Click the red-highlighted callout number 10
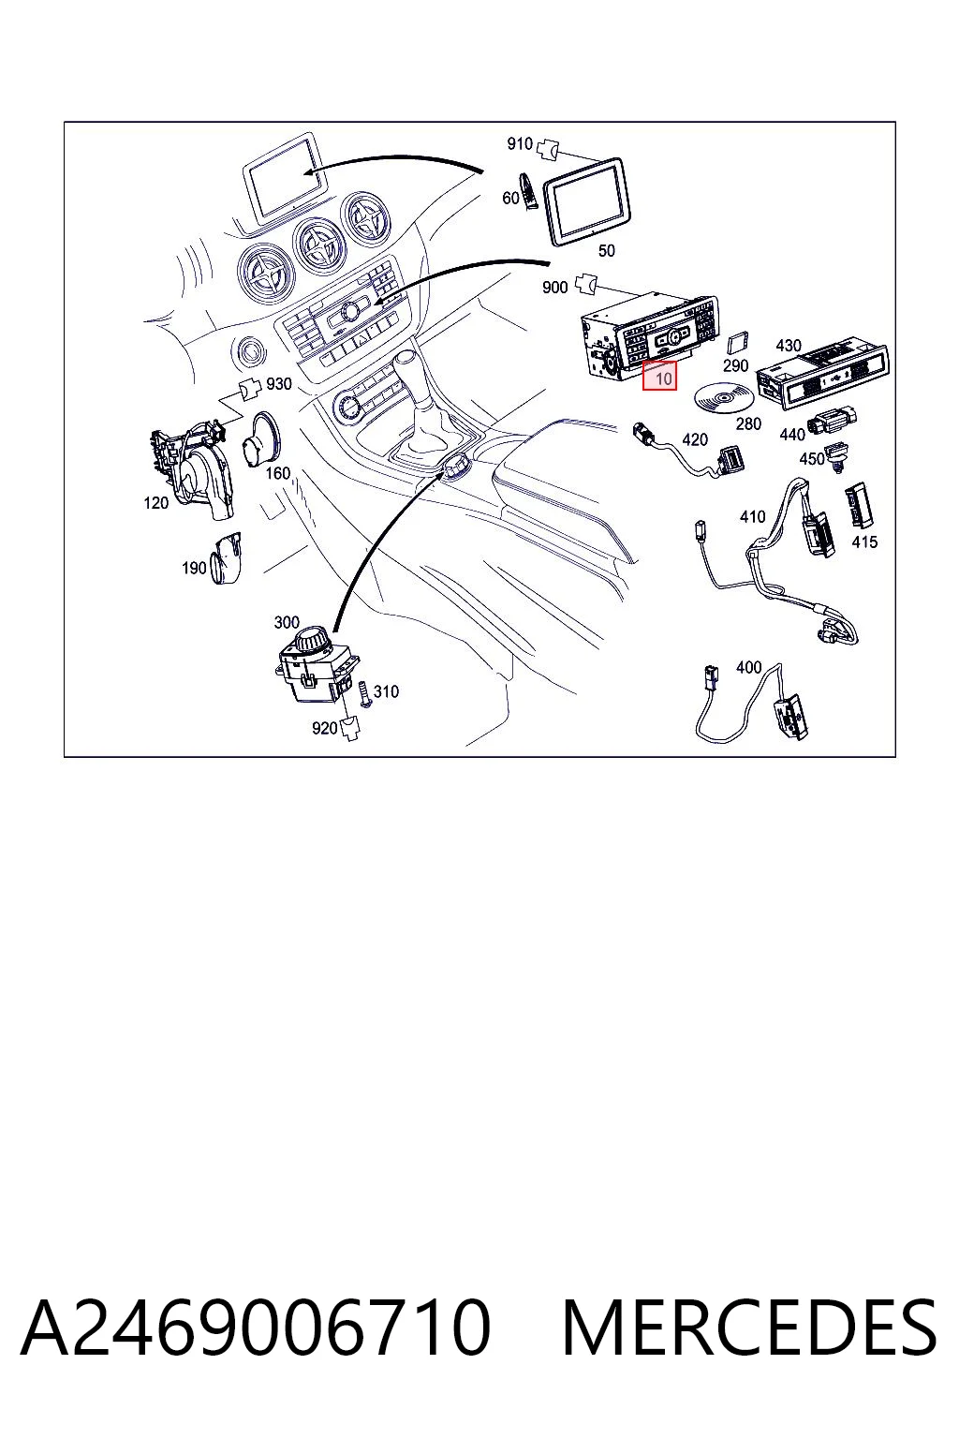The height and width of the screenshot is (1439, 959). pos(659,375)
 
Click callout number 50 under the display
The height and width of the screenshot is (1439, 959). pos(606,250)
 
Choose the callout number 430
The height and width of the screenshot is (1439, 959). pos(789,346)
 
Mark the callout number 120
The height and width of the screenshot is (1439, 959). pos(155,503)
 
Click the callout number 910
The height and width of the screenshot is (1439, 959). pos(520,143)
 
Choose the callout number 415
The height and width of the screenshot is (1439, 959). pos(863,542)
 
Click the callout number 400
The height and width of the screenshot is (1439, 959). pos(748,667)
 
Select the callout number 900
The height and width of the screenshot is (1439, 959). pos(554,288)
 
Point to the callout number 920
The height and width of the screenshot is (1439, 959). pos(324,729)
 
